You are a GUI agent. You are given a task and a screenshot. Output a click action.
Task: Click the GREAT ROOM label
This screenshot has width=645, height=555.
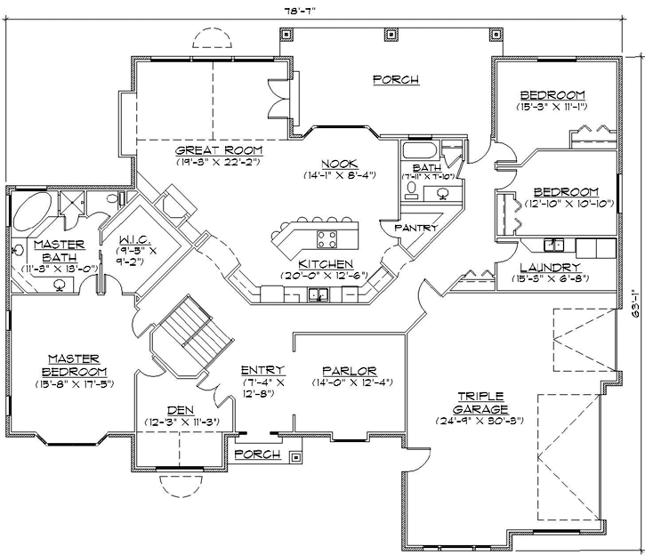[x=205, y=150]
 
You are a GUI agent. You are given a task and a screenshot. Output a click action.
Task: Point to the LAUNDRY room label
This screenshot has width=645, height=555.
[x=552, y=267]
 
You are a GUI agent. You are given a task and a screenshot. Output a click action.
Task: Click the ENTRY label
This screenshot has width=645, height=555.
[x=262, y=370]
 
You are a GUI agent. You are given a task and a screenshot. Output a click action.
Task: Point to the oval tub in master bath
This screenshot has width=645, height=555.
[x=34, y=215]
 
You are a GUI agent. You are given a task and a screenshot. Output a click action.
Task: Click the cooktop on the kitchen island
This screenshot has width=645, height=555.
[x=326, y=237]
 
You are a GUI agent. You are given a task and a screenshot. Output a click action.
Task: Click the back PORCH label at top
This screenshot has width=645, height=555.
[x=395, y=79]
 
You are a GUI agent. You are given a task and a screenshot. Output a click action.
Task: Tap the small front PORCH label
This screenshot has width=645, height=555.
[x=258, y=454]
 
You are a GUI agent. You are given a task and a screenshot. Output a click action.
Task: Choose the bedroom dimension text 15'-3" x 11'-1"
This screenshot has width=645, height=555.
[x=552, y=107]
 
